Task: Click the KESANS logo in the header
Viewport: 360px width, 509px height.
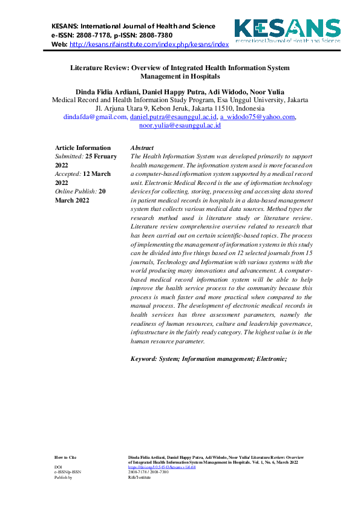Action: click(x=287, y=30)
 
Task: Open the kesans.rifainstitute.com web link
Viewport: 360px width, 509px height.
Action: click(x=149, y=45)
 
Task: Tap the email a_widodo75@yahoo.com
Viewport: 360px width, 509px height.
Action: click(x=257, y=117)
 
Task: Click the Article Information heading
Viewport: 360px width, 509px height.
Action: click(x=83, y=148)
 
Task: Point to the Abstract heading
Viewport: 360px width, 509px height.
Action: click(x=142, y=148)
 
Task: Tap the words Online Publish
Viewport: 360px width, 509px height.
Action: click(x=76, y=190)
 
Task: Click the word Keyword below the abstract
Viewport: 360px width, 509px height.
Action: click(x=145, y=359)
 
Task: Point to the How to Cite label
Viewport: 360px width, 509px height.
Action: click(x=65, y=458)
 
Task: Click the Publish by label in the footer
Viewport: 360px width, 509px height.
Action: click(x=63, y=477)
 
